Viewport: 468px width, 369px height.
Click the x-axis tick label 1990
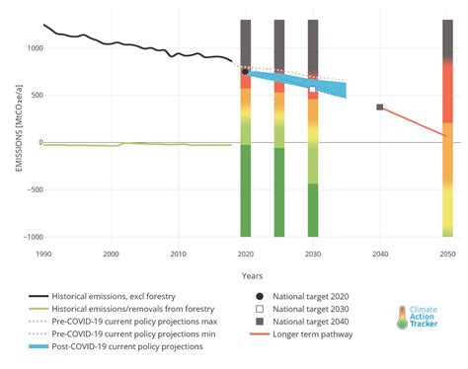[43, 254]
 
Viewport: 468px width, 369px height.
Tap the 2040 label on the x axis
[380, 254]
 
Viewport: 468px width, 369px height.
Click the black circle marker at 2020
[246, 71]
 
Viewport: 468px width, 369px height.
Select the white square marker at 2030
[313, 89]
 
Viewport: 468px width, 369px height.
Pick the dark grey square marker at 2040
[380, 107]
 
